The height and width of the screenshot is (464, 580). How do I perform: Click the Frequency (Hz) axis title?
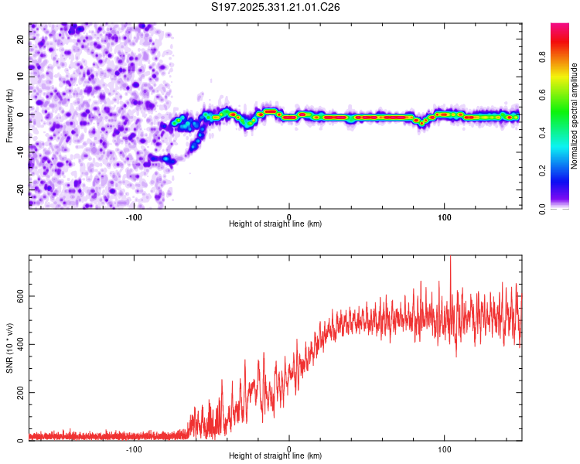click(10, 115)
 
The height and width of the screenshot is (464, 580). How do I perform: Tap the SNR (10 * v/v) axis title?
click(10, 348)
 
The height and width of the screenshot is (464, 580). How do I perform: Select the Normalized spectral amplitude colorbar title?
click(575, 117)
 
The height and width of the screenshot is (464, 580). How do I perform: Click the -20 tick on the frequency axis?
click(21, 189)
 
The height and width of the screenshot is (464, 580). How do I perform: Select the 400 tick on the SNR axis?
click(19, 344)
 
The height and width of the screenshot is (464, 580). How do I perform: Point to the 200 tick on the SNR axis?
click(19, 393)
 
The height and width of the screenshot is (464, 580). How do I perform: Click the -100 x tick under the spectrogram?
click(134, 216)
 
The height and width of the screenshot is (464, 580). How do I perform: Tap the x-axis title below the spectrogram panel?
click(275, 224)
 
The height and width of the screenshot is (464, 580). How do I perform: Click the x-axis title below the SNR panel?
click(275, 456)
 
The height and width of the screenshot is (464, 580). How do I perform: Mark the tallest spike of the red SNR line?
click(450, 258)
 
